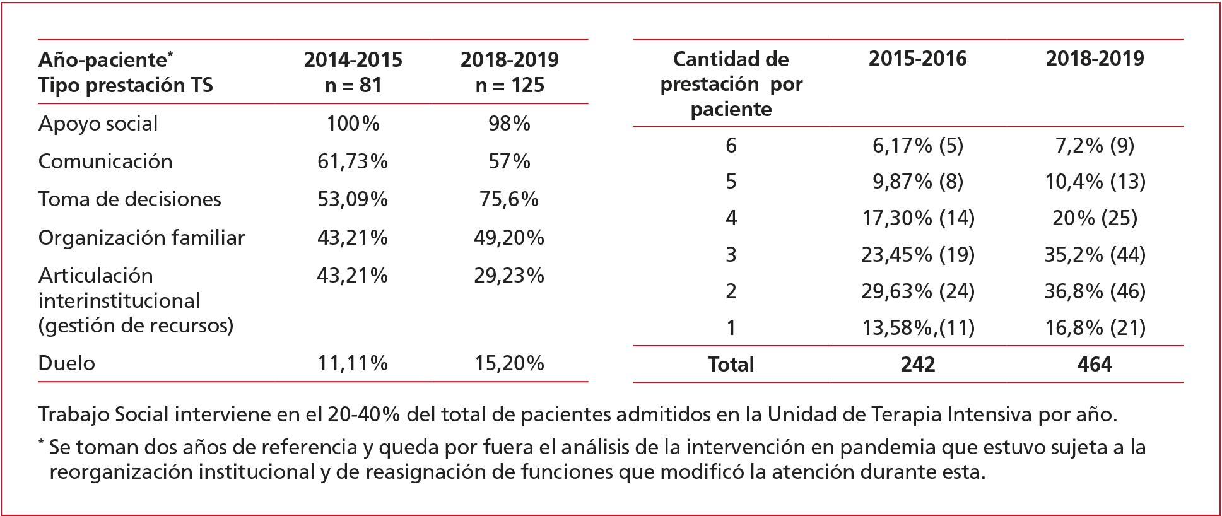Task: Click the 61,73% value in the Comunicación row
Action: click(352, 161)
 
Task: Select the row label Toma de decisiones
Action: click(129, 199)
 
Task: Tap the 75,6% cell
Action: click(509, 199)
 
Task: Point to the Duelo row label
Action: click(66, 363)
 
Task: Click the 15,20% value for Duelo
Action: click(509, 363)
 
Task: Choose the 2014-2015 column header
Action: click(353, 60)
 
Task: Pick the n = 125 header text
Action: click(510, 85)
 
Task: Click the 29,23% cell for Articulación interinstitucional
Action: click(509, 276)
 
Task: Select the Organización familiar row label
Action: click(141, 238)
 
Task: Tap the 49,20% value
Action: click(509, 238)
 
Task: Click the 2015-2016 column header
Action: click(917, 59)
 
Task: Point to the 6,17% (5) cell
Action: click(917, 146)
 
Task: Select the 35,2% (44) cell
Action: click(1095, 255)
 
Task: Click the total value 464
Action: click(1095, 365)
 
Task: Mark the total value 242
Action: click(917, 365)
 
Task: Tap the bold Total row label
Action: click(731, 365)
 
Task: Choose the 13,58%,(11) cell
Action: click(917, 328)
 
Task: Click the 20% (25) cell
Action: click(1095, 218)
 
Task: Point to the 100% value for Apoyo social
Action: click(353, 124)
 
